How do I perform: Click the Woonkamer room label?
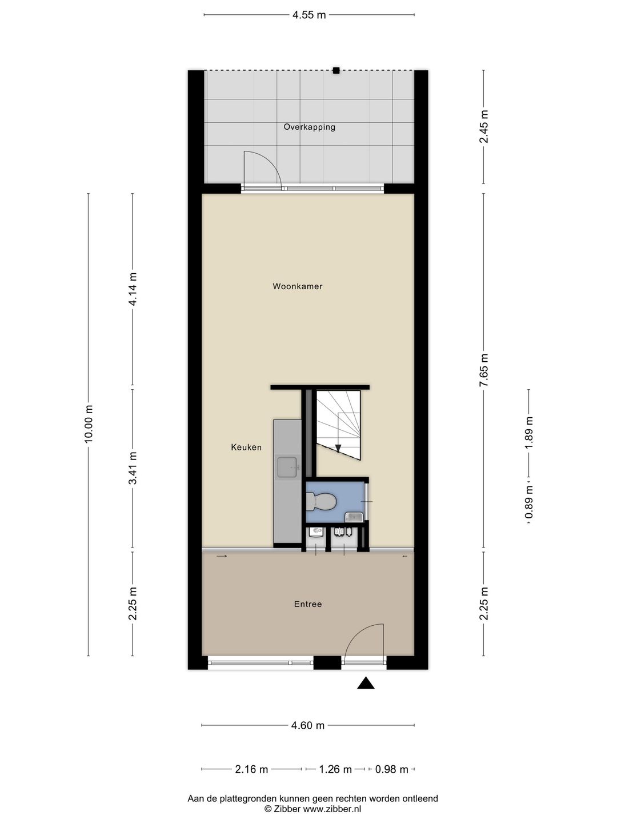coord(297,286)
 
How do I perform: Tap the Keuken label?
coord(246,448)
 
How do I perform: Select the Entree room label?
coord(308,604)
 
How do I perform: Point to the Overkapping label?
coord(309,127)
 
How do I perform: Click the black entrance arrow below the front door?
coord(366,683)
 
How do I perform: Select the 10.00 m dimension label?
coord(88,423)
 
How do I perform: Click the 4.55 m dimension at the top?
coord(309,15)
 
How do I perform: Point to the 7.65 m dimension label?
coord(484,370)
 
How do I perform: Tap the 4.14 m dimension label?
coord(133,289)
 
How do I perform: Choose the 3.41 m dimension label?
coord(133,468)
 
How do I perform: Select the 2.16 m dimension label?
coord(251,769)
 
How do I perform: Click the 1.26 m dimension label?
coord(335,769)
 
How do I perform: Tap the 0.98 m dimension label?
coord(391,769)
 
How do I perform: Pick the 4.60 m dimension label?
coord(308,725)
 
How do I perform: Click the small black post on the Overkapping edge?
coord(336,70)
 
